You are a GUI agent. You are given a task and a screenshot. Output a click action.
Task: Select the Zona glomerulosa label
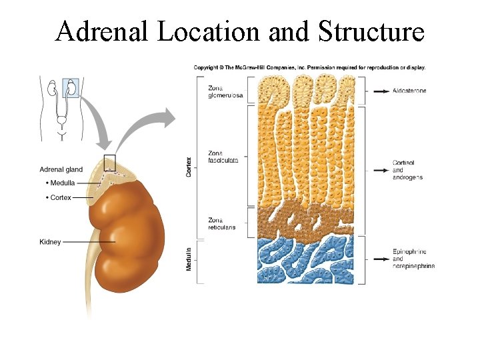(224, 91)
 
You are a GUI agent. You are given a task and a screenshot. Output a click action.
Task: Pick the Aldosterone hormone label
(410, 91)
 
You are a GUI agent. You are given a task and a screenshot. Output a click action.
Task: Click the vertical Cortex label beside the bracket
(189, 167)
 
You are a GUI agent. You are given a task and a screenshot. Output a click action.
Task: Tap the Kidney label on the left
(50, 242)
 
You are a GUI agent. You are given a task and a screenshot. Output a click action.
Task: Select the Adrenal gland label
(61, 169)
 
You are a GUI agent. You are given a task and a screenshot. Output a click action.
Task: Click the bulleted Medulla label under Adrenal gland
(61, 183)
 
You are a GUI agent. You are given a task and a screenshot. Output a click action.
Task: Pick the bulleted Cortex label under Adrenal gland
(60, 197)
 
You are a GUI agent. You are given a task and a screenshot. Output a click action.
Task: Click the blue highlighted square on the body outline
(71, 87)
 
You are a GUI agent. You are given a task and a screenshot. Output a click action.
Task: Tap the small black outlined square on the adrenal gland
(109, 161)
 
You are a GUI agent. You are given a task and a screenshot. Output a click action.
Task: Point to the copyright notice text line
(309, 67)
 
